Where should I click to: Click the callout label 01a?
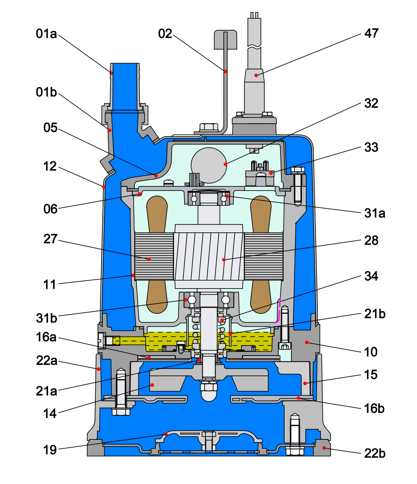47,34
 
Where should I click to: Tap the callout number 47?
371,33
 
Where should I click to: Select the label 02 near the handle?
165,34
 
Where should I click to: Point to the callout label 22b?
375,454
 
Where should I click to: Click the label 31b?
47,318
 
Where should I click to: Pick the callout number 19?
50,450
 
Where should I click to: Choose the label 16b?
374,409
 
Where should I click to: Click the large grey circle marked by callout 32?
209,165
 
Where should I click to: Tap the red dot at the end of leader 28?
224,260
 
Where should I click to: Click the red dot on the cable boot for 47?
256,75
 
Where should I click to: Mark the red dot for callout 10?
307,342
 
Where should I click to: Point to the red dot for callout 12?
103,187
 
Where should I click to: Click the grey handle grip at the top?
225,40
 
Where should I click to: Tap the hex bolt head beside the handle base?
209,127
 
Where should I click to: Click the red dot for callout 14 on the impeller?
152,385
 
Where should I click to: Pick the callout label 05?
50,128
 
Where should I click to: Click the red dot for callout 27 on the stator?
149,259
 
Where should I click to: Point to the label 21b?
375,314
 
